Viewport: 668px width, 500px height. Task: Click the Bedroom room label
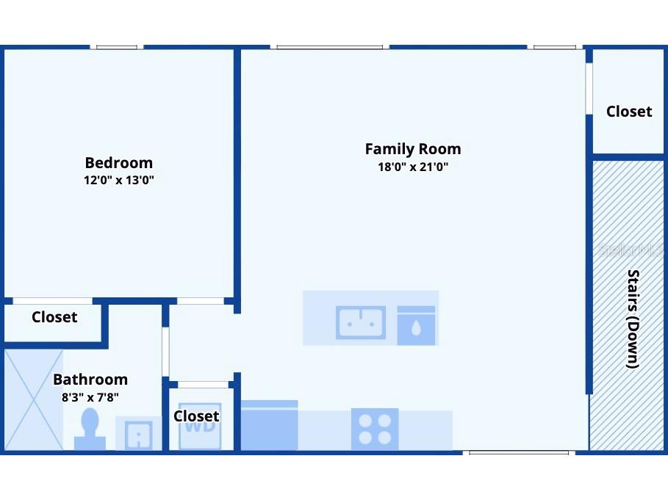(118, 163)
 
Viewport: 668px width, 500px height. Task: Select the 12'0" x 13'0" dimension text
(118, 180)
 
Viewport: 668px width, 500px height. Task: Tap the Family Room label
(413, 149)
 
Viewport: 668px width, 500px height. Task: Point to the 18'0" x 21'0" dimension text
(413, 167)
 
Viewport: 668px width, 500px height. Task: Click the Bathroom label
(90, 380)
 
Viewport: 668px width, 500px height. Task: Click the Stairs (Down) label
(632, 319)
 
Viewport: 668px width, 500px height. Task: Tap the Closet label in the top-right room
(628, 112)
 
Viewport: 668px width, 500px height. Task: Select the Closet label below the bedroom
(54, 317)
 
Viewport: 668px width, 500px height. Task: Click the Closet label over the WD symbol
(196, 416)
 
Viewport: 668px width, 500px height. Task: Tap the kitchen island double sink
(361, 322)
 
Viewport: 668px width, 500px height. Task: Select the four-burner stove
(375, 429)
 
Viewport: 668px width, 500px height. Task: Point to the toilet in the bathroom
(90, 430)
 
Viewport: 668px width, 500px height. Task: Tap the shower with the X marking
(33, 399)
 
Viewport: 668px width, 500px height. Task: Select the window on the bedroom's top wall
(117, 47)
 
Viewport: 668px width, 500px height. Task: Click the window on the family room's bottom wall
(519, 452)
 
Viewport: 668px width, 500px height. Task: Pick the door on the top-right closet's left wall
(589, 89)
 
